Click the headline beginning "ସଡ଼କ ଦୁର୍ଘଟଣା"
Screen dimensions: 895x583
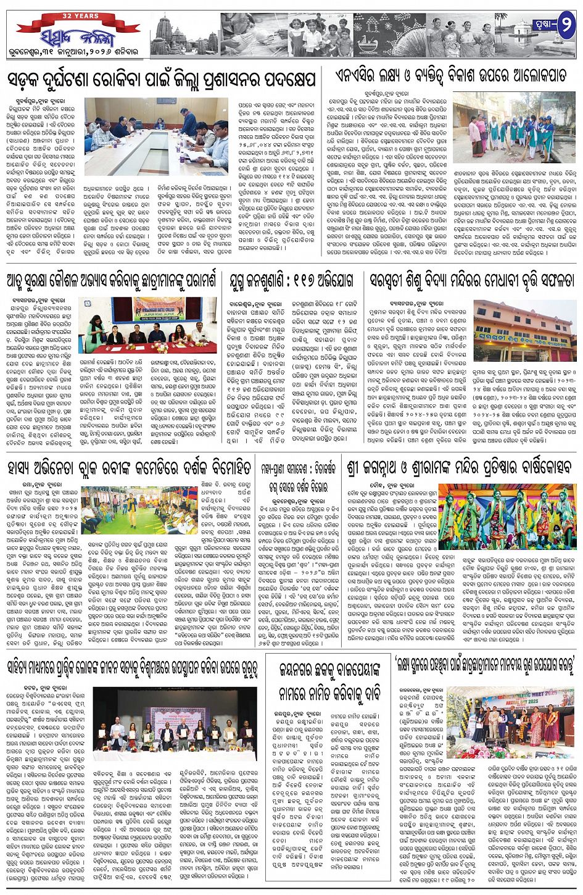tap(162, 79)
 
